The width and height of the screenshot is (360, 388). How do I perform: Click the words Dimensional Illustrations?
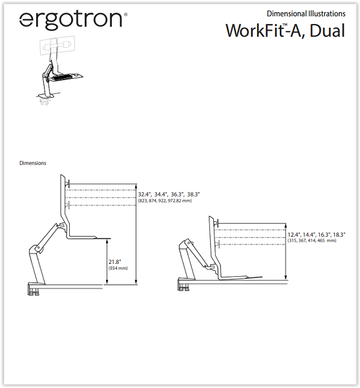coord(306,14)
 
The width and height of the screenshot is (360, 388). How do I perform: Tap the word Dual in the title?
coord(328,30)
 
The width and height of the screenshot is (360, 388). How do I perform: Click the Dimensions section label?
coord(32,163)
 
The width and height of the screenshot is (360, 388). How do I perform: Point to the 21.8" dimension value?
coord(115,262)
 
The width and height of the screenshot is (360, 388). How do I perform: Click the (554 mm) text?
coord(118,268)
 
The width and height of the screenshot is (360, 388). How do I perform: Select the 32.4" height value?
coord(145,195)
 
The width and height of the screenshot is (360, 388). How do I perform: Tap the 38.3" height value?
coord(193,195)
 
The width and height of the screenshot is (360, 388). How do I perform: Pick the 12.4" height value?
coord(294,235)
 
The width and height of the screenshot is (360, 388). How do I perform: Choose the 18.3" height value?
coord(339,235)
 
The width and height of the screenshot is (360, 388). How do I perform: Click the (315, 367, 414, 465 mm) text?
coord(312,241)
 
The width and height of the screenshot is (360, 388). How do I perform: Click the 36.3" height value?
coord(177,195)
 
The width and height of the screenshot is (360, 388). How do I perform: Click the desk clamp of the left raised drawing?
coord(34,290)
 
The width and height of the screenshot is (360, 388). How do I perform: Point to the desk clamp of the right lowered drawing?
coord(184,285)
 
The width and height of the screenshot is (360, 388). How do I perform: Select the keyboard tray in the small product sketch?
coord(65,77)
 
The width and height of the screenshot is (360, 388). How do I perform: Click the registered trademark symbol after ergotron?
coord(126,14)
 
